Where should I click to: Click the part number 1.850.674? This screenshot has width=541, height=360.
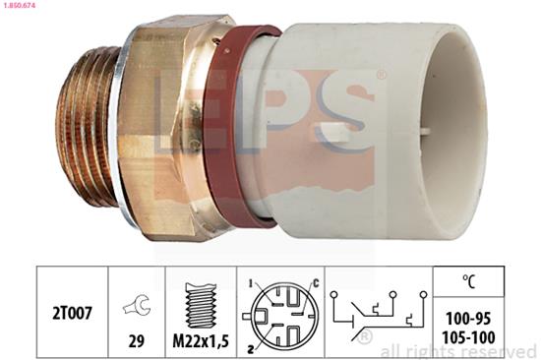[x=22, y=7]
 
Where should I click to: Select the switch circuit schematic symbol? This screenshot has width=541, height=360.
[x=379, y=311]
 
